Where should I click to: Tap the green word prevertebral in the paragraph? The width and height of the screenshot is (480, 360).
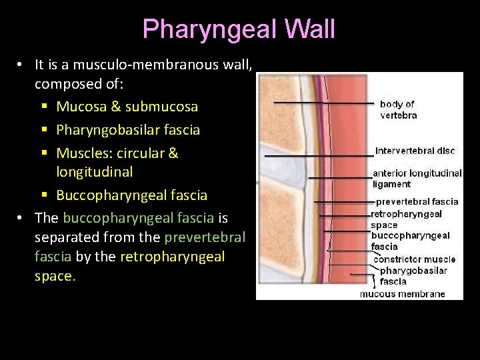pos(205,237)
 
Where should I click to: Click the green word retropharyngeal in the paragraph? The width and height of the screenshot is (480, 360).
pos(172,257)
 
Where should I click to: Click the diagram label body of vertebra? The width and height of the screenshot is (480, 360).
pos(398,109)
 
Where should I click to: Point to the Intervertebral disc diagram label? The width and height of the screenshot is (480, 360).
pos(415,151)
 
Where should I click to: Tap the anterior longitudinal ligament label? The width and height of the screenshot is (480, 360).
pos(417,178)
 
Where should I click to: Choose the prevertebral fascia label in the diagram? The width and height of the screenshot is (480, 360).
pos(417,201)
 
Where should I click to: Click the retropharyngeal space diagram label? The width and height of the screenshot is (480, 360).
pos(407,219)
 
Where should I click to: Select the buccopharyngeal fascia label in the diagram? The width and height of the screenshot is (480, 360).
pos(410,241)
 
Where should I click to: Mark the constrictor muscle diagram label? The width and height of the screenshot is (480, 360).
pos(414,259)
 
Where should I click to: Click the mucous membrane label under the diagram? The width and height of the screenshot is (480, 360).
pos(403,293)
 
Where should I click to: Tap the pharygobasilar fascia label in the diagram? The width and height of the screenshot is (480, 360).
pos(413,276)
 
